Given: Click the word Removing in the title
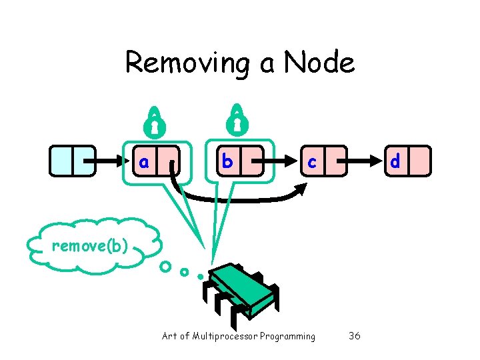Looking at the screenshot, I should tap(185, 63).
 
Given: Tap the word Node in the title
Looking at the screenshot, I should tap(319, 63).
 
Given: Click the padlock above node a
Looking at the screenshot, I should tap(155, 120).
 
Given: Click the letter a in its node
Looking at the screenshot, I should tap(143, 162).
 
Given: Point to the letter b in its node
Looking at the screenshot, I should tap(227, 161).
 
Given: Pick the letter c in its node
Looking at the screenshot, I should tap(312, 162).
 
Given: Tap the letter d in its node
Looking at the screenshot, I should tap(395, 162).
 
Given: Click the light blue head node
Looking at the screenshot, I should tap(73, 161).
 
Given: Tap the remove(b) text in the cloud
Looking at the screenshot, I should tap(89, 246).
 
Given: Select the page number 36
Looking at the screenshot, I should tap(355, 336).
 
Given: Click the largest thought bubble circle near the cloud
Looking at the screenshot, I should tap(165, 267).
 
